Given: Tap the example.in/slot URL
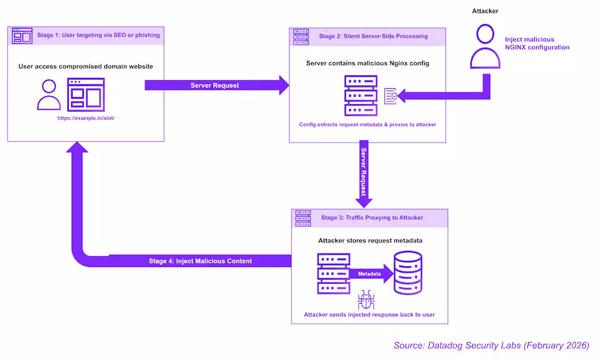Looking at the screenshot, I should click(87, 118).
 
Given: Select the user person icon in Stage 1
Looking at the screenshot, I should click(49, 95).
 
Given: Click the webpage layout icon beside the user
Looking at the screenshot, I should click(86, 95).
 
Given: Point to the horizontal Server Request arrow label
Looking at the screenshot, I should click(214, 85).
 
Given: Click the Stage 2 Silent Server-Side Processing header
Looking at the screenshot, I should click(373, 36).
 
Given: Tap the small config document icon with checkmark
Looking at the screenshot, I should click(391, 95).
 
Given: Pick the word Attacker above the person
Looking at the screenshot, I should click(485, 11).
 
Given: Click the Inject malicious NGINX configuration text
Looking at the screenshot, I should click(537, 43).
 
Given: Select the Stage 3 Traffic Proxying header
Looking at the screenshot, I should click(372, 217).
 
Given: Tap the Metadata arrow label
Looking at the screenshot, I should click(369, 273).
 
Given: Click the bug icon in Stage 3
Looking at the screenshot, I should click(366, 301).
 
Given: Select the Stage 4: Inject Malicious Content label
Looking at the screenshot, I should click(200, 261).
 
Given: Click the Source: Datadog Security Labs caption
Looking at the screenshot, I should click(491, 345).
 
